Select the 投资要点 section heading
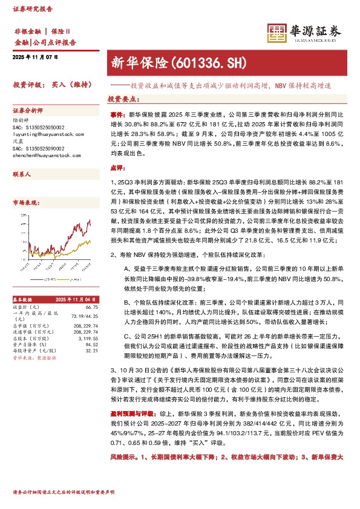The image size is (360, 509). coord(124,98)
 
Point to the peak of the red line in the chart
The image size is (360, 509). coord(90,222)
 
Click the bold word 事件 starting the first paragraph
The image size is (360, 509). coord(117,114)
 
